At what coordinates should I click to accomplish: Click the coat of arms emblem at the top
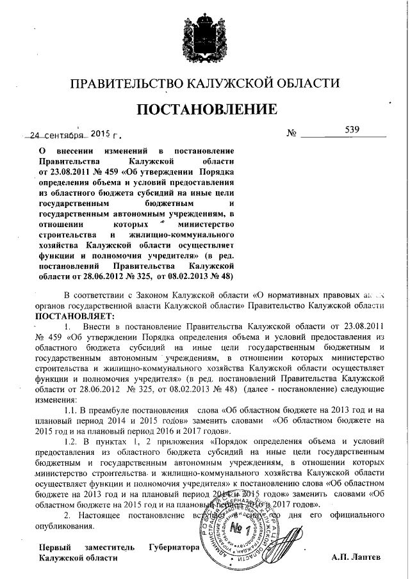[204, 35]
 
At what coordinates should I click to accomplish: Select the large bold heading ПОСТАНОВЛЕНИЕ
[205, 109]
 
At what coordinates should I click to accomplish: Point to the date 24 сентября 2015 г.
[71, 136]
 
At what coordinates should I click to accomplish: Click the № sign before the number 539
[291, 134]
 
